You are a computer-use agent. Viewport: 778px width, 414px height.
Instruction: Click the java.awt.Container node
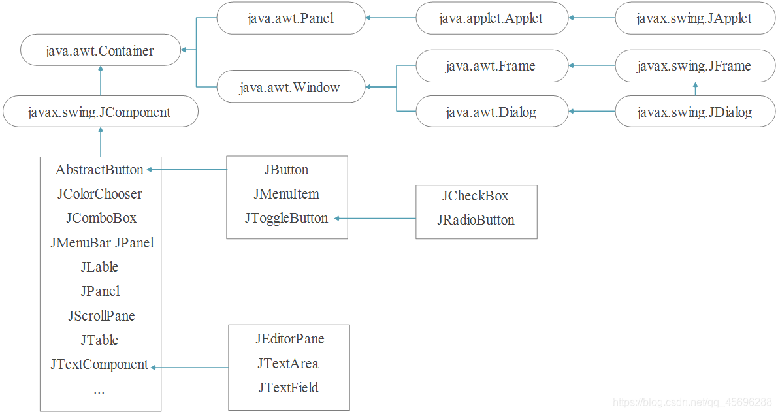click(x=100, y=50)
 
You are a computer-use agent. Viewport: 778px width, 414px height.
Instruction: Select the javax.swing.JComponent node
click(x=100, y=112)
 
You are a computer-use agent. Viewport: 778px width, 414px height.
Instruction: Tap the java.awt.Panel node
click(x=291, y=18)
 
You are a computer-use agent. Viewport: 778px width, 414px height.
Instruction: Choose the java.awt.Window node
click(x=291, y=87)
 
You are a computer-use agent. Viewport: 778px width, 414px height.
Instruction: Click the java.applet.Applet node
click(x=492, y=18)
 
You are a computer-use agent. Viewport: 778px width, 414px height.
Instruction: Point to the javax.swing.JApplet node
click(x=694, y=18)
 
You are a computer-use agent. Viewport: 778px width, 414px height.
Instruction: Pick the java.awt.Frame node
click(x=492, y=65)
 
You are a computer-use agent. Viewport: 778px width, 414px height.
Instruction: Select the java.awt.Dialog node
click(x=492, y=112)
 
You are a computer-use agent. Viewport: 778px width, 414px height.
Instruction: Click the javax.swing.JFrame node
click(x=694, y=65)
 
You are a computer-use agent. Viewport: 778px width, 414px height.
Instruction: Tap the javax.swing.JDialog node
click(x=694, y=112)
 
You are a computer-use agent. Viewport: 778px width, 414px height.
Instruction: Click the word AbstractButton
click(x=99, y=170)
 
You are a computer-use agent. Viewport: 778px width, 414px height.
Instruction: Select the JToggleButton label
click(x=286, y=219)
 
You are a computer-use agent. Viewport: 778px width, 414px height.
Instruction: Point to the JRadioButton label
click(x=476, y=220)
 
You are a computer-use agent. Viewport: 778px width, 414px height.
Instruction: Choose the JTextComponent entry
click(x=99, y=365)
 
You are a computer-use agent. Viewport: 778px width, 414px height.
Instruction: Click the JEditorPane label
click(x=290, y=339)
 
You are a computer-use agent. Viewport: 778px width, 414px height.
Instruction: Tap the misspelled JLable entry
click(x=100, y=267)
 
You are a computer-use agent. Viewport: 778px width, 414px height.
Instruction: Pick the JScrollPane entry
click(x=101, y=316)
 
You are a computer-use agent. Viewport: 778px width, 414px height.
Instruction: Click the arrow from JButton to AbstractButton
click(x=187, y=170)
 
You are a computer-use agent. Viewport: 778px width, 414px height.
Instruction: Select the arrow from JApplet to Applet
click(x=592, y=18)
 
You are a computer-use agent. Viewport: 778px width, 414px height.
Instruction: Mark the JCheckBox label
click(x=476, y=196)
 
